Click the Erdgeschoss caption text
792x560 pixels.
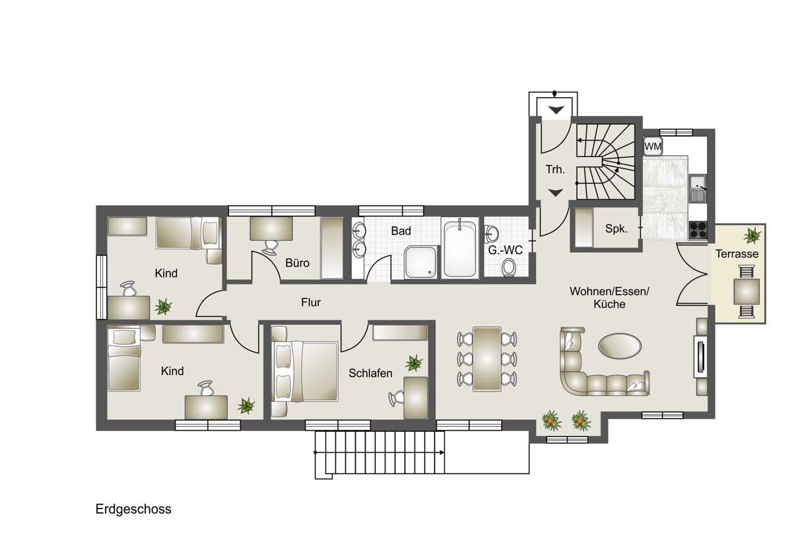coord(133,509)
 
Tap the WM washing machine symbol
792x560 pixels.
coord(653,146)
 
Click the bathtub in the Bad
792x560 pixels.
coord(460,249)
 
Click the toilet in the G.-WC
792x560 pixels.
coord(509,268)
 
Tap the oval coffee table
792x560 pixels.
coord(618,345)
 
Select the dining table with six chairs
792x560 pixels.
coord(488,359)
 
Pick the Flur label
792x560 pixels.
coord(310,303)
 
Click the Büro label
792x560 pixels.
coord(297,262)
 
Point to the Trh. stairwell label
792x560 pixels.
coord(554,170)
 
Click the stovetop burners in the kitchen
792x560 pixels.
coord(698,229)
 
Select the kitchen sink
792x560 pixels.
coord(698,187)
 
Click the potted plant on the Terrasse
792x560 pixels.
coord(751,235)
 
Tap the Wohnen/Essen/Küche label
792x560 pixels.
coord(599,297)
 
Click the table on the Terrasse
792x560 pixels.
coord(746,291)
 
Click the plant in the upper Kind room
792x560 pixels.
coord(162,306)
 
